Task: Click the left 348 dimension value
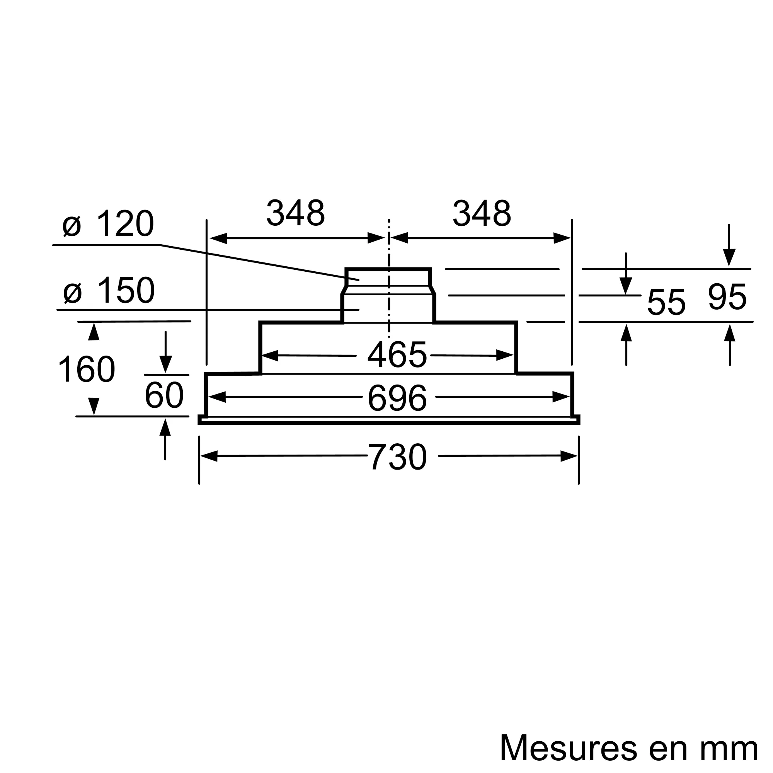point(295,213)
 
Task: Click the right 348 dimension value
point(482,213)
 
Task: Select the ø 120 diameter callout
point(108,224)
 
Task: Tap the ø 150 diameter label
point(109,291)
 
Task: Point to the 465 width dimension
point(397,355)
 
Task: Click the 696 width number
point(397,398)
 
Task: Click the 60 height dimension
point(164,396)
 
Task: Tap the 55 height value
point(666,302)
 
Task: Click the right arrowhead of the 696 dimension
point(560,397)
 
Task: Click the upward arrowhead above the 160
point(94,332)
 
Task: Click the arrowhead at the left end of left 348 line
point(218,238)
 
